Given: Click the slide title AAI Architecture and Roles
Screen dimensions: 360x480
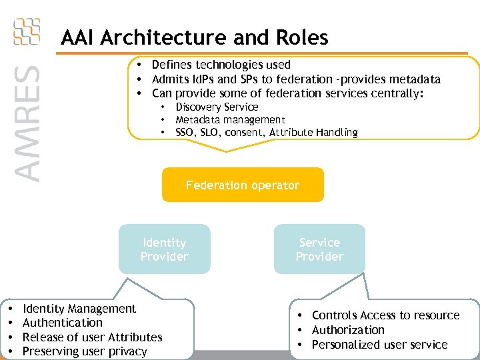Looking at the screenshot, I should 194,37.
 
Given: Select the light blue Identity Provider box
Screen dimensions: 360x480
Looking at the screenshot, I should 164,249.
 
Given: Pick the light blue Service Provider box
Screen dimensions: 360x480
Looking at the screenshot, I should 319,249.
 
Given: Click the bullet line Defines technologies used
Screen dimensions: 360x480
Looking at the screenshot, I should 221,65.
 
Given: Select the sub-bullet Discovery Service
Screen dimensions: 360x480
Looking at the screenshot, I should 217,107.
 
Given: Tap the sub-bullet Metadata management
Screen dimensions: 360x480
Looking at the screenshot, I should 230,119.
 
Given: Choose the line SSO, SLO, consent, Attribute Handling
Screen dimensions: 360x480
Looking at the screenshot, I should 266,132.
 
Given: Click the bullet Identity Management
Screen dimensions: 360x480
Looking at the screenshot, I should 79,309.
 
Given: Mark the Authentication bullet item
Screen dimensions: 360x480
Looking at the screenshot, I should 63,323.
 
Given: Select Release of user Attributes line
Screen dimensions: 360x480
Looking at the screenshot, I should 93,337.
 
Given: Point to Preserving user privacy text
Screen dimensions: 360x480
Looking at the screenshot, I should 85,351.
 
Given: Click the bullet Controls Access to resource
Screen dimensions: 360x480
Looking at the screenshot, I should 385,315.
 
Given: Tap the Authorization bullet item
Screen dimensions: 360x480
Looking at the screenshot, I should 348,330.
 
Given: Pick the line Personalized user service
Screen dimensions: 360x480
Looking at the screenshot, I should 379,344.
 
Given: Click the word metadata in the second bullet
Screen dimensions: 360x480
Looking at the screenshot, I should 412,79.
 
